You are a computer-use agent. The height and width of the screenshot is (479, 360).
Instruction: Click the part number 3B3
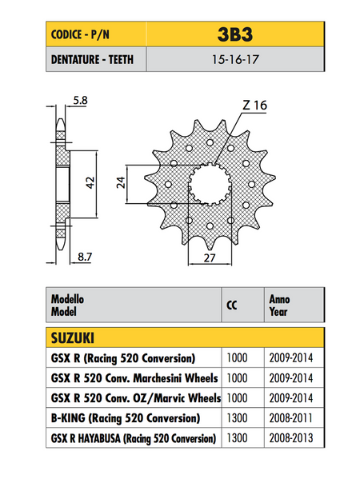pos(235,34)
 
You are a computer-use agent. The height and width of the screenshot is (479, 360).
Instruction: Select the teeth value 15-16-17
pos(235,59)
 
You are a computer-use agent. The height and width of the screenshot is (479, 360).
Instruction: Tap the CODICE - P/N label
pos(80,34)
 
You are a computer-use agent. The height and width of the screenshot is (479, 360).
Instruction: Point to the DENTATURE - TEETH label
pos(92,59)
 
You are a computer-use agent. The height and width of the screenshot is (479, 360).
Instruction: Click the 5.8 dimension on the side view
pos(80,100)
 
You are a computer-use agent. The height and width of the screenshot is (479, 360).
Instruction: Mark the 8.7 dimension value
pos(85,257)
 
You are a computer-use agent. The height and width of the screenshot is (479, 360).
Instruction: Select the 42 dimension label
pos(90,182)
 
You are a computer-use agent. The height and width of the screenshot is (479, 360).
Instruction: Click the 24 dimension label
pos(121,182)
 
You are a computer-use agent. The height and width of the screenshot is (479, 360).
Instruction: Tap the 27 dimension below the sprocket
pos(210,257)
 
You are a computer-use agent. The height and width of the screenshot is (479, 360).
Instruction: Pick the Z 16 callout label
pos(255,106)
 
